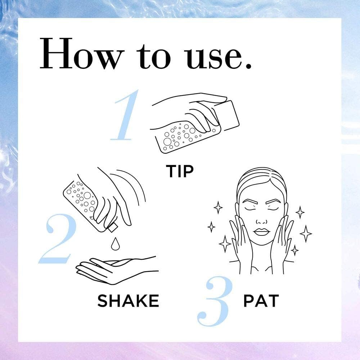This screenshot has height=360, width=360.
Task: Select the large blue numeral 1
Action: (x=125, y=115)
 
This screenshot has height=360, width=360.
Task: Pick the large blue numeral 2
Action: (x=58, y=239)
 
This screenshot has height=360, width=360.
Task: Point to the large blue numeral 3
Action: (x=215, y=301)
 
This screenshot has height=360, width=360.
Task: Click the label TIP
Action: (x=180, y=171)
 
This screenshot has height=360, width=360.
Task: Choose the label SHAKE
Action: (x=128, y=301)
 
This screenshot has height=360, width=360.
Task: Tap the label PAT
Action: (x=261, y=301)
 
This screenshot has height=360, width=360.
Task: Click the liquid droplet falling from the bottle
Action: (x=115, y=244)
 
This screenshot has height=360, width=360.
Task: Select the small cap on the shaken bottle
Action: (x=112, y=228)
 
